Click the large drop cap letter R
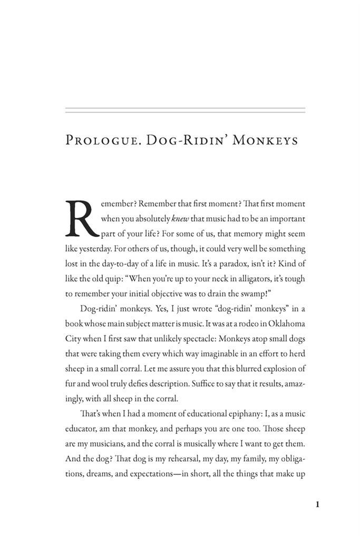[81, 218]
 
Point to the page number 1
[317, 505]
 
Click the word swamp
[232, 292]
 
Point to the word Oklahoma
[278, 322]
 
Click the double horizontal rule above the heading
[185, 110]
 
